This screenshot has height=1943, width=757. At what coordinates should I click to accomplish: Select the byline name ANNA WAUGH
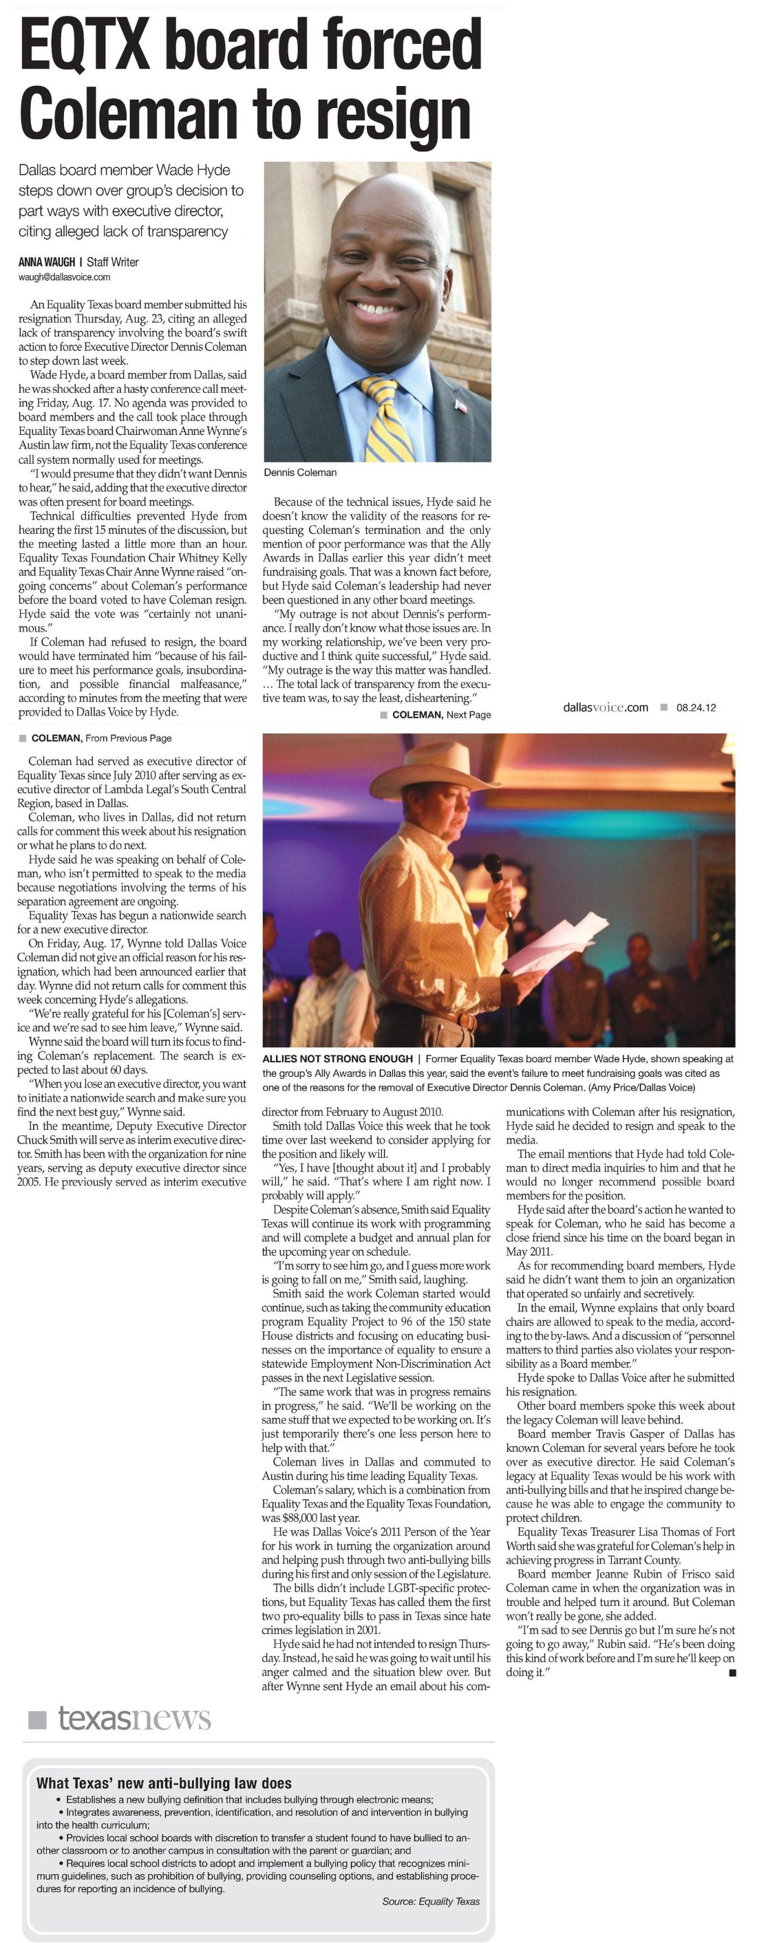coord(47,263)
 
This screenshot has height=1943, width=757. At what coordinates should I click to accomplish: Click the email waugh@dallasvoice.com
coord(64,277)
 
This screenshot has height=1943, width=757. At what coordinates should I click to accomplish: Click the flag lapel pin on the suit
coord(461,407)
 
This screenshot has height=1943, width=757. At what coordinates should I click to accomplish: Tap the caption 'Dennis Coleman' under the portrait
coord(299,472)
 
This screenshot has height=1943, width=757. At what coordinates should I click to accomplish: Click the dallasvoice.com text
coord(606,707)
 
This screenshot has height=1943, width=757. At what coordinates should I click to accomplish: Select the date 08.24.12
coord(696,707)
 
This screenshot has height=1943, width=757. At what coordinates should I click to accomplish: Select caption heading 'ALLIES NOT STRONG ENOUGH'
coord(337,1059)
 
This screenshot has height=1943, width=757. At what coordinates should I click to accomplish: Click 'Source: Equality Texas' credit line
coord(430,1901)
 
